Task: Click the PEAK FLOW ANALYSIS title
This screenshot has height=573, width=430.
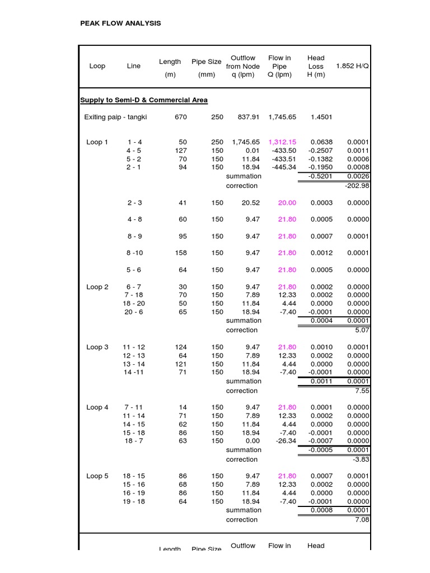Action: (x=120, y=23)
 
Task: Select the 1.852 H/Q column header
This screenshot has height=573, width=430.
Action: (x=352, y=66)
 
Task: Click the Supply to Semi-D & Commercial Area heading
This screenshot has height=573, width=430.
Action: (x=144, y=100)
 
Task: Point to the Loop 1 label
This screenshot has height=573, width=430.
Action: (x=97, y=142)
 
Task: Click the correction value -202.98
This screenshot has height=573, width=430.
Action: (x=357, y=186)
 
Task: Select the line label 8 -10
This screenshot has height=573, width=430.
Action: (x=134, y=253)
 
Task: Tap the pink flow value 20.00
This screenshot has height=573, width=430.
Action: (x=287, y=203)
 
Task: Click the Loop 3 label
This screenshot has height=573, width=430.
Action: (x=97, y=347)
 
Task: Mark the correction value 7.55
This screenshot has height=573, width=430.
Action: (x=362, y=391)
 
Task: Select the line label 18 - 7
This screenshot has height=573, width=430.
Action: (x=134, y=441)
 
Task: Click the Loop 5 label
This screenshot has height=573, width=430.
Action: (x=97, y=476)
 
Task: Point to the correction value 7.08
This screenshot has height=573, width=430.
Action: (x=362, y=520)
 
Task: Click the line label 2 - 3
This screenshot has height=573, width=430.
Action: (x=134, y=203)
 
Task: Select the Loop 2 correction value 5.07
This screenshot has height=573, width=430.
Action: (x=362, y=330)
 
